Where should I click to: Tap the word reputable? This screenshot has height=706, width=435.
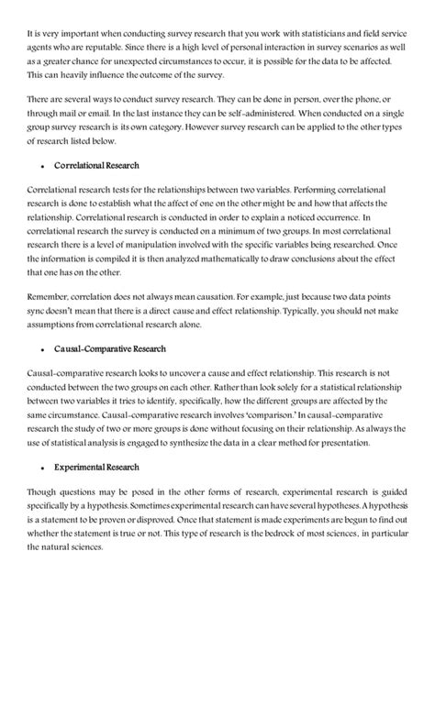pyautogui.click(x=98, y=46)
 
